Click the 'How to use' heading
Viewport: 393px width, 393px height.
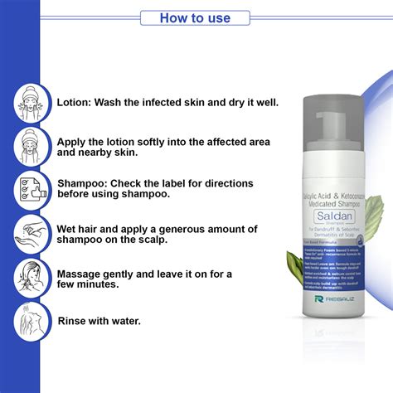pyautogui.click(x=196, y=17)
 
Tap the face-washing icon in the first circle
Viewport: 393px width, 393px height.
pyautogui.click(x=31, y=104)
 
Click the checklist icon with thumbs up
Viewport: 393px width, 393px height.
pyautogui.click(x=31, y=190)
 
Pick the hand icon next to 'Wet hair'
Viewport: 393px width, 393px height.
pyautogui.click(x=31, y=233)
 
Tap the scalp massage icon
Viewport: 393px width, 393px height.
pyautogui.click(x=31, y=276)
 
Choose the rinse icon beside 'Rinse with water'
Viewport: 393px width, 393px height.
pyautogui.click(x=31, y=319)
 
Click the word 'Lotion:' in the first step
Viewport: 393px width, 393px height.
pyautogui.click(x=77, y=104)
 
